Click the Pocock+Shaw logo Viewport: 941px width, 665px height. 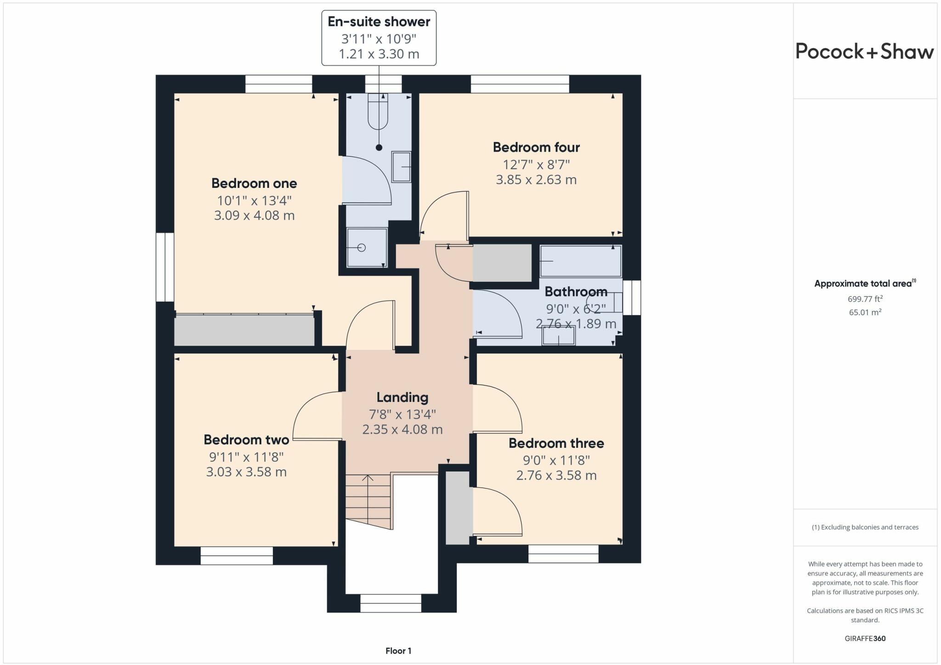tap(864, 51)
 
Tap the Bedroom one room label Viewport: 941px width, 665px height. tap(254, 183)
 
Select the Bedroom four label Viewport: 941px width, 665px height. tap(536, 148)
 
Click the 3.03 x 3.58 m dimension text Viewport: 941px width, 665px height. tap(246, 472)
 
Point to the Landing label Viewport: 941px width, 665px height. tap(402, 398)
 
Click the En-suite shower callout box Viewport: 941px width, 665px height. tap(379, 38)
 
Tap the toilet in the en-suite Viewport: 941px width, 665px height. tap(378, 112)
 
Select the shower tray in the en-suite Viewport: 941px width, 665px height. tap(367, 248)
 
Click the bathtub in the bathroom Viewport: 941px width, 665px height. tap(580, 261)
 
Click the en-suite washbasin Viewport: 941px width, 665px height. tap(401, 167)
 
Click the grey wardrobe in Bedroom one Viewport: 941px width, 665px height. tap(244, 330)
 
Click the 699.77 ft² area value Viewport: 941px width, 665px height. tap(865, 299)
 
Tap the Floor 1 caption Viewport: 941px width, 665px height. tap(398, 651)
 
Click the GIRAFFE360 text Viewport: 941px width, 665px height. tap(865, 638)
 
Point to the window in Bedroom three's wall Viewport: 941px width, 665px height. tap(563, 554)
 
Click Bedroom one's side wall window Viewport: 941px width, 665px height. tap(164, 267)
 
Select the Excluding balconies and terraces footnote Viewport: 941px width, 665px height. tap(865, 527)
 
